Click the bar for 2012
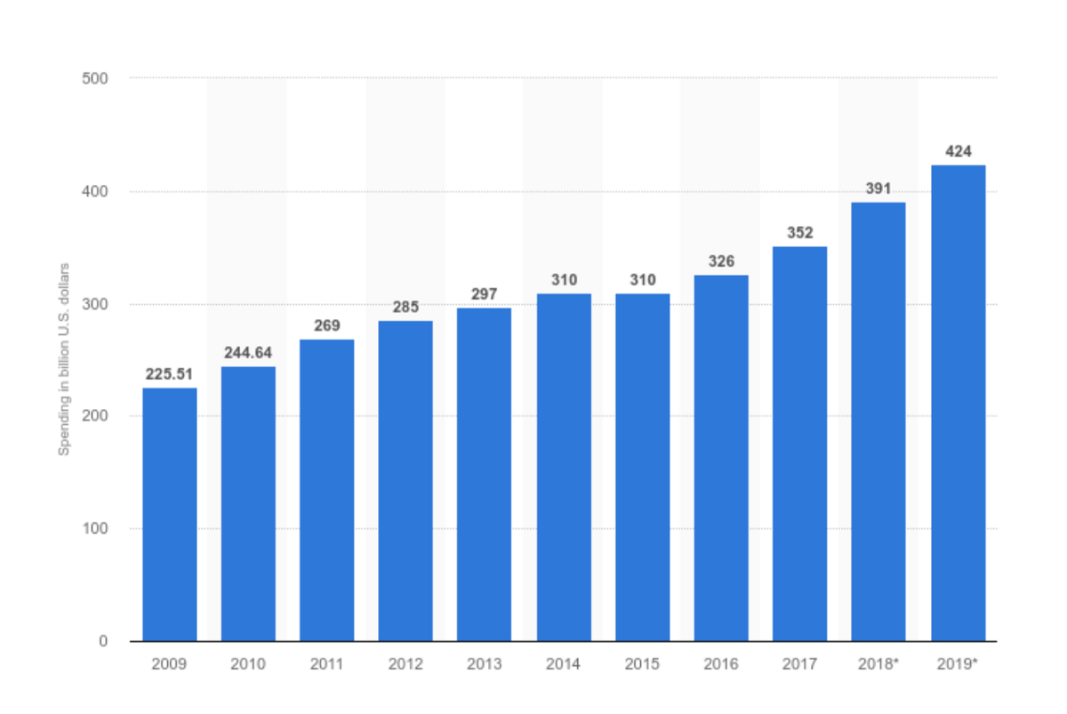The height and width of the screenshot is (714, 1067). [405, 480]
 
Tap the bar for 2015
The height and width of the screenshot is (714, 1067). [642, 467]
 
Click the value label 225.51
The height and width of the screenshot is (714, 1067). [170, 374]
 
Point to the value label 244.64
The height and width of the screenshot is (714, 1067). [248, 353]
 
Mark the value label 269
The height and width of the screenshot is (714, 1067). [327, 325]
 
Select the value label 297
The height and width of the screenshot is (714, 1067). [485, 294]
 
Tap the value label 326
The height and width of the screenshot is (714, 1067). [721, 261]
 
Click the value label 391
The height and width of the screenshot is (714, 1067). [878, 189]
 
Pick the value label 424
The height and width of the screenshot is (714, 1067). [958, 151]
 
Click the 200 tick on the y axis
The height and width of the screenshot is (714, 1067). [96, 416]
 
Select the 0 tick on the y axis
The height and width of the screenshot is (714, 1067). [104, 641]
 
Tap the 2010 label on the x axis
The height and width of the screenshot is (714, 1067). [248, 663]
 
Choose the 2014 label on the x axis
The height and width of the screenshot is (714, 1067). [564, 663]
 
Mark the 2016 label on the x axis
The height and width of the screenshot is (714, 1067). [721, 663]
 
